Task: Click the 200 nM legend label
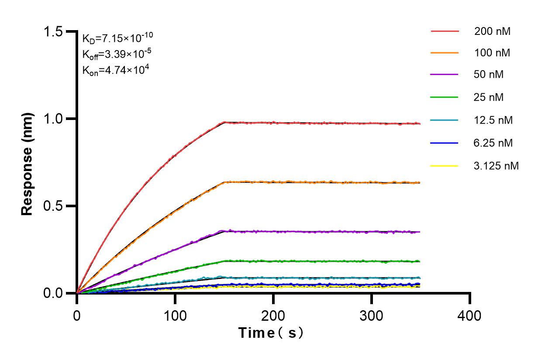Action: [493, 31]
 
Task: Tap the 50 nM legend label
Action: [489, 75]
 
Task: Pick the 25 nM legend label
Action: [489, 97]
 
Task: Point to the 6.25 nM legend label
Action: [493, 143]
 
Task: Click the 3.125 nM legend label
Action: [497, 166]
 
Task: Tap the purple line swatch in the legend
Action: [445, 75]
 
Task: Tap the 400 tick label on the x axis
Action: [470, 315]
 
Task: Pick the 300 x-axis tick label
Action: [372, 315]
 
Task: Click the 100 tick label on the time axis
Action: [175, 315]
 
